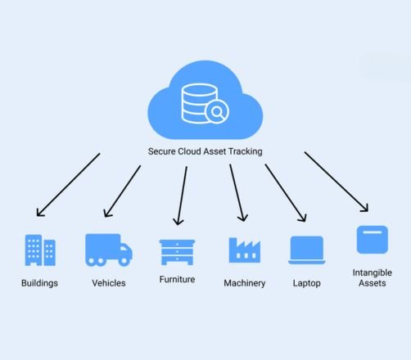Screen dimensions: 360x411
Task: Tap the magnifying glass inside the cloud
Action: [217, 111]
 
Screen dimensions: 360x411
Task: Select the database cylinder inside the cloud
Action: [196, 102]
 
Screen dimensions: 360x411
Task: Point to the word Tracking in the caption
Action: [245, 151]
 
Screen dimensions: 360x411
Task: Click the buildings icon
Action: [40, 250]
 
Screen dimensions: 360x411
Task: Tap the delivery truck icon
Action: [108, 250]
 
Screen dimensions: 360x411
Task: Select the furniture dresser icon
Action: [177, 250]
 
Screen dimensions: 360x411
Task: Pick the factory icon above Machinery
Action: [244, 250]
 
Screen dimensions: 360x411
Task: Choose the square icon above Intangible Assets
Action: [372, 240]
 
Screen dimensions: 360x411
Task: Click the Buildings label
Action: [40, 283]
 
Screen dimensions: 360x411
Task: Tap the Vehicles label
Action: [109, 283]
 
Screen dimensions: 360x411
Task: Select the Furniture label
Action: [177, 279]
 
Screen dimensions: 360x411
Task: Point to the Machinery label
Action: [245, 283]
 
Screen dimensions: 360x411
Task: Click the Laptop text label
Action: [307, 283]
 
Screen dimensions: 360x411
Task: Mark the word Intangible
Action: [372, 272]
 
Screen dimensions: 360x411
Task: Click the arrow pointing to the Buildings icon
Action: [68, 184]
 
